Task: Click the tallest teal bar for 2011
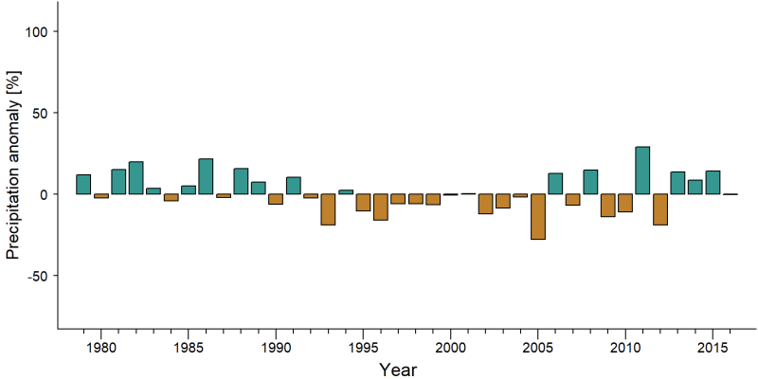coord(642,171)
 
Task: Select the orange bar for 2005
coord(537,217)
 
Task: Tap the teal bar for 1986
coord(206,176)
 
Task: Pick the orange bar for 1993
coord(328,209)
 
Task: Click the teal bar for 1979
coord(83,184)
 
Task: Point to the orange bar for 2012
coord(659,209)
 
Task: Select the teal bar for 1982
coord(135,178)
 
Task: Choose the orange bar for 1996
coord(381,207)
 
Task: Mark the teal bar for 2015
coord(713,182)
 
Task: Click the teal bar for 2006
coord(555,184)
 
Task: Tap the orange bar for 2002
coord(485,204)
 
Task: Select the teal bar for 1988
coord(241,181)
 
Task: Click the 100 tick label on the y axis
coord(35,31)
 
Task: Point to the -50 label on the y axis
coord(35,276)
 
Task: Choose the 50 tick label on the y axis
coord(38,113)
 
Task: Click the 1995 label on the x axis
coord(363,347)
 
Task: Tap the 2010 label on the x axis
coord(625,347)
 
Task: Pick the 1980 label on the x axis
coord(100,347)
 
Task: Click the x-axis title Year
coord(397,370)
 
